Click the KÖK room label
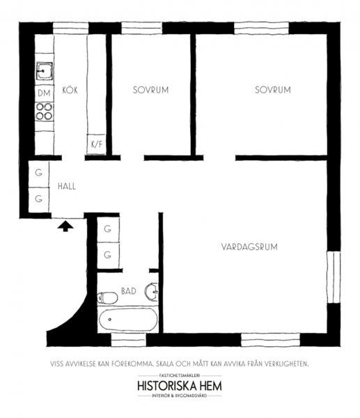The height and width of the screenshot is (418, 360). (70, 90)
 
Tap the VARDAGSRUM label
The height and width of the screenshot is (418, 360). (249, 247)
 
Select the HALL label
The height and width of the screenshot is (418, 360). (67, 186)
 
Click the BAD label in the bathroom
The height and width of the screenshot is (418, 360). (129, 291)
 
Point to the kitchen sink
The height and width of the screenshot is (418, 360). (45, 70)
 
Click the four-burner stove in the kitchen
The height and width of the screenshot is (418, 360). (45, 111)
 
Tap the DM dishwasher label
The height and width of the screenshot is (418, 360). (44, 93)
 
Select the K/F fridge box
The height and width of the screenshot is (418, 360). (97, 144)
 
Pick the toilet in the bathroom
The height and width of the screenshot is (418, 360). (107, 297)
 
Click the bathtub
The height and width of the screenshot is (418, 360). (128, 319)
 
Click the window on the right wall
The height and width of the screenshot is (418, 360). (334, 277)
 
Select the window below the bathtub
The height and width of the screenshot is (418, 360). (128, 340)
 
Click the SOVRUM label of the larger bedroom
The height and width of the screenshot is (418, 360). (273, 90)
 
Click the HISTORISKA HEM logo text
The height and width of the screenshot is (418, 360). (180, 386)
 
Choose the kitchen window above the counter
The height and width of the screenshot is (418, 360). (70, 29)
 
